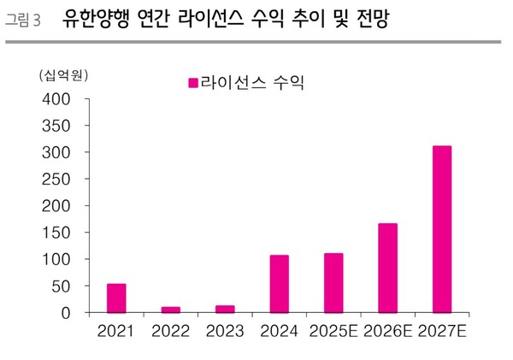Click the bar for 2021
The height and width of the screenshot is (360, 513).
116,298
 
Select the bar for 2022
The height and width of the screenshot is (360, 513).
171,310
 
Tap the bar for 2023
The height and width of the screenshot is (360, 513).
225,309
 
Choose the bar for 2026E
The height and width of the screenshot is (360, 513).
387,268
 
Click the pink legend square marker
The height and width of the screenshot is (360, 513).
193,83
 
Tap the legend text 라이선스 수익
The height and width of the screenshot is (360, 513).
254,83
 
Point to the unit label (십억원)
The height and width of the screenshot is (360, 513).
63,75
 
